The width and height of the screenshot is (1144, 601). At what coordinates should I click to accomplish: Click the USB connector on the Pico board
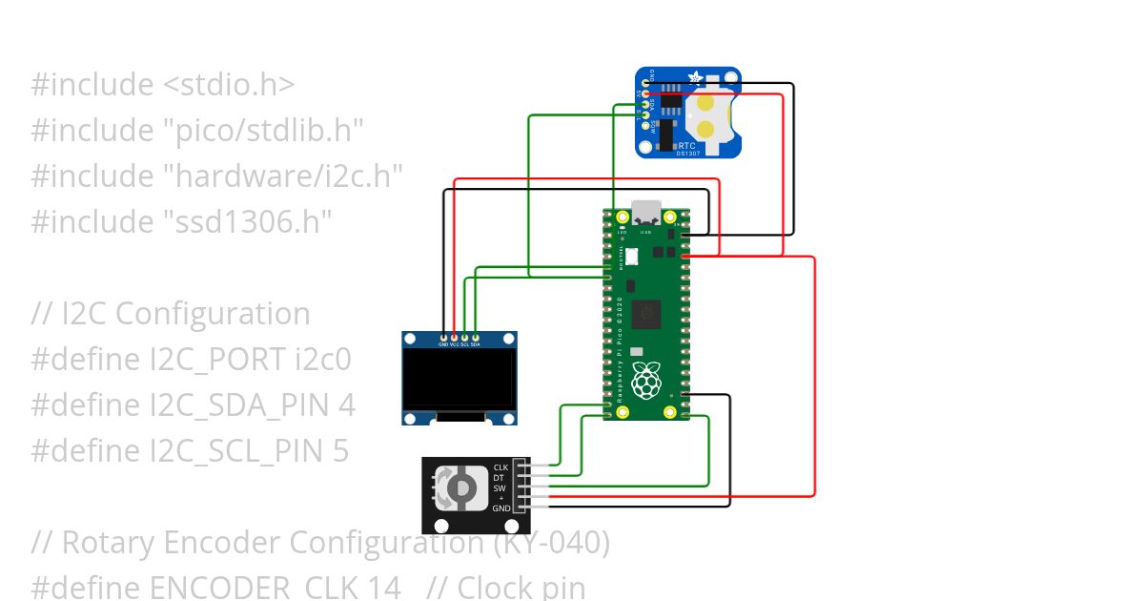645,211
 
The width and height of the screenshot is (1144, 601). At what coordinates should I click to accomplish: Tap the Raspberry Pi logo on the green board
646,381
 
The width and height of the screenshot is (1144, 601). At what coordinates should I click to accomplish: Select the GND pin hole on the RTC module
646,83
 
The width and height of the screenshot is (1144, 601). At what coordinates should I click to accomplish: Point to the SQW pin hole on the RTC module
646,126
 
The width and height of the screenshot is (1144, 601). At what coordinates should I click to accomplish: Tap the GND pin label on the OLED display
443,344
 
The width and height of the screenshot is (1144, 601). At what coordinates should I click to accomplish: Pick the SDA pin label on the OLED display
476,344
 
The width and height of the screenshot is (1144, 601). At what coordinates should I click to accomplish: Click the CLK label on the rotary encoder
500,467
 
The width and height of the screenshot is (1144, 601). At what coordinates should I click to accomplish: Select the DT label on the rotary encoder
499,478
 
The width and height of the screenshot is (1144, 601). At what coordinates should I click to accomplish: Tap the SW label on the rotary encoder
500,488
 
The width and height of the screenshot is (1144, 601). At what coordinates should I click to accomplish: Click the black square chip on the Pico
647,313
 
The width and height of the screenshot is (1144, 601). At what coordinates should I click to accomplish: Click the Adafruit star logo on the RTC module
696,77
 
